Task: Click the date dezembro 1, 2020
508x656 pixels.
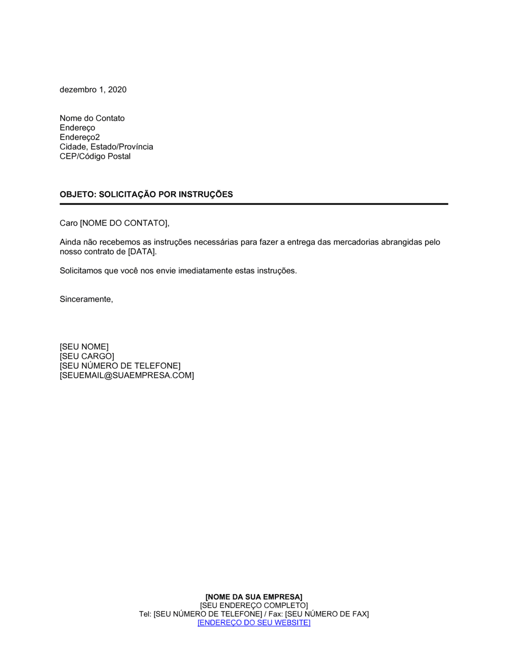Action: (93, 90)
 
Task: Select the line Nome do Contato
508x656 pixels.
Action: (92, 118)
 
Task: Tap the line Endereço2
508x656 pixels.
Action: (80, 137)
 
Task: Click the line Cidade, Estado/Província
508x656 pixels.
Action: (106, 147)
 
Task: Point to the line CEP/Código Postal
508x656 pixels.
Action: (95, 156)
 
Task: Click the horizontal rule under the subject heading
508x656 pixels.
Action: (254, 204)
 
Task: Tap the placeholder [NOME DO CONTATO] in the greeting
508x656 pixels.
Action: (124, 223)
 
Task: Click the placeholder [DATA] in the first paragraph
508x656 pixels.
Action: (142, 252)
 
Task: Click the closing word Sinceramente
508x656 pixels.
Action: (85, 299)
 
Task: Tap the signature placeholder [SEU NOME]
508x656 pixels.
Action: (84, 347)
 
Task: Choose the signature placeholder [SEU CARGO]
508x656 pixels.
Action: (87, 356)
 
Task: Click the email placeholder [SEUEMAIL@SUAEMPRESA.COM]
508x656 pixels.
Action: (126, 375)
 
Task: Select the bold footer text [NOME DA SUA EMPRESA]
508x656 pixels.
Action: (254, 597)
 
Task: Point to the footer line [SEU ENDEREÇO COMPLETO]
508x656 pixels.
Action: (254, 606)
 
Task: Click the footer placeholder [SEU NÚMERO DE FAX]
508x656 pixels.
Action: (327, 614)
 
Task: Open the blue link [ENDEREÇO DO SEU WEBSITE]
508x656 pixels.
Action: (254, 623)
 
